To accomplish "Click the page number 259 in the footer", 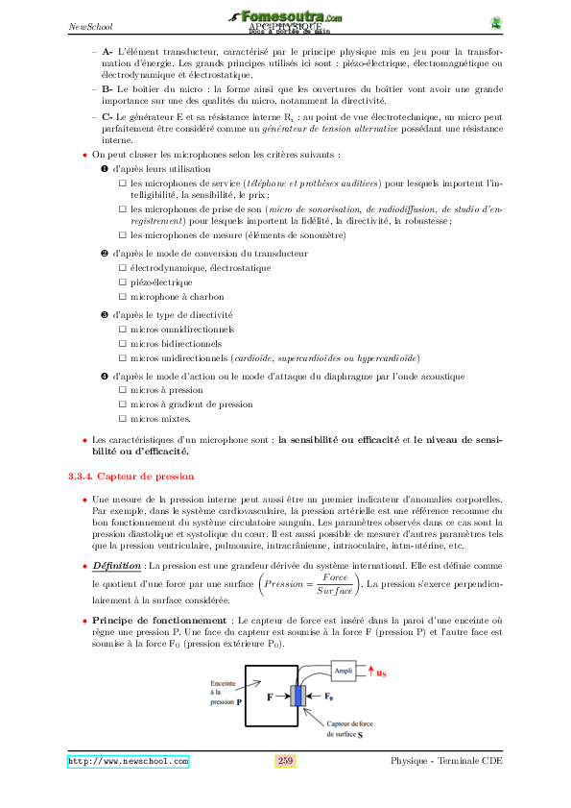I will pyautogui.click(x=285, y=761).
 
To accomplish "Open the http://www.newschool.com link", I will pyautogui.click(x=128, y=761).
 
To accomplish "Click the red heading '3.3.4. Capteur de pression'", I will pyautogui.click(x=131, y=476).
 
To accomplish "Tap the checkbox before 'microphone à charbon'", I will pyautogui.click(x=122, y=297).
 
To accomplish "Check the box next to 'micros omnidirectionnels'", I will pyautogui.click(x=122, y=329).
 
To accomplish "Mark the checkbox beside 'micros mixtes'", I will pyautogui.click(x=122, y=419).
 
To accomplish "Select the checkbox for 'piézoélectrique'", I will pyautogui.click(x=122, y=282).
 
